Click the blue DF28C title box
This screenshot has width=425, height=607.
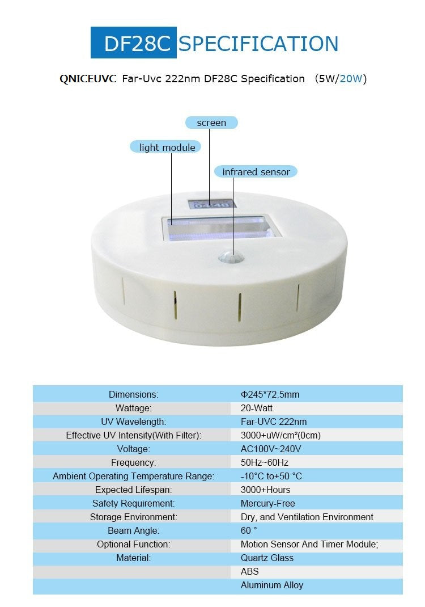[x=133, y=43]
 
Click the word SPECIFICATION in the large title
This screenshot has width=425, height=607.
[x=258, y=44]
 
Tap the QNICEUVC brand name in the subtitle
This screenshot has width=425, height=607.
[x=88, y=79]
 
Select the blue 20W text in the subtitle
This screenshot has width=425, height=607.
[x=351, y=79]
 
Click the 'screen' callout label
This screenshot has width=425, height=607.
[x=211, y=123]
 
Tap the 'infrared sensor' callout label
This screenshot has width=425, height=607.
[x=256, y=172]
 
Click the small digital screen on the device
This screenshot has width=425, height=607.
[x=211, y=204]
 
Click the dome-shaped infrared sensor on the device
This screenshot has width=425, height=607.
[x=231, y=256]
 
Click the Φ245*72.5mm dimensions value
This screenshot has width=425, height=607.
[x=270, y=394]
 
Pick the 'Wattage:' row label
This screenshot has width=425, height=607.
[x=133, y=408]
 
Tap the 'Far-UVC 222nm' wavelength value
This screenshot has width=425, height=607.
[x=273, y=421]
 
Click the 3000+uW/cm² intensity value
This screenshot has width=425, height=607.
[x=280, y=436]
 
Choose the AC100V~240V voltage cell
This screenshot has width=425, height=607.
[x=271, y=449]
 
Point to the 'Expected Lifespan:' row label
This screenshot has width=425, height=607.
[x=133, y=490]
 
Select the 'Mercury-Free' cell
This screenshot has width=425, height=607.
[x=267, y=503]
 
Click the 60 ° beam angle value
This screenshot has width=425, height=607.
[x=249, y=530]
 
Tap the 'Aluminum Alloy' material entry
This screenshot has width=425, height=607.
[x=272, y=585]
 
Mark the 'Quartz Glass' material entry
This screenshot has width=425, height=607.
[x=267, y=558]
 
